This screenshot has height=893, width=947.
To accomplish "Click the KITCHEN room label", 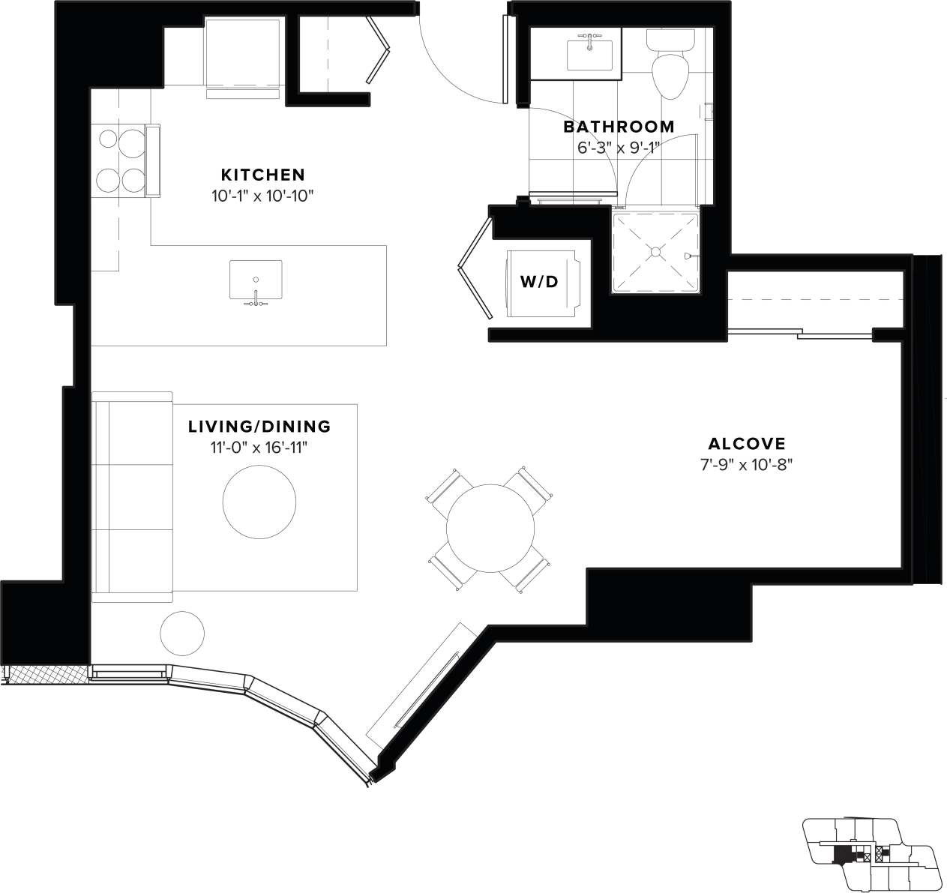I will coord(262,175).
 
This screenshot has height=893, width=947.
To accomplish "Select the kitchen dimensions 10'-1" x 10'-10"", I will coord(261,196).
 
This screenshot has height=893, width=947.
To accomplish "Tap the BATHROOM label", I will coord(619,127).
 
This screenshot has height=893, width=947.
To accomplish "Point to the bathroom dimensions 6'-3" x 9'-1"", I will coord(619,148).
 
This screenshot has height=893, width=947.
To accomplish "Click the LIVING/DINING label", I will coord(259,427).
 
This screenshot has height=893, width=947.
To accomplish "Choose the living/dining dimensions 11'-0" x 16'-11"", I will coord(259,448).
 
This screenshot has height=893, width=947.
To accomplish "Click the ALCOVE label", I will coord(746,442).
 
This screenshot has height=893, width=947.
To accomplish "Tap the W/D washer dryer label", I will coord(539,282).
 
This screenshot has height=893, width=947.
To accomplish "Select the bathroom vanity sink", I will coord(589,55).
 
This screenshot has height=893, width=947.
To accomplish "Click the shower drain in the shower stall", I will coord(656,251).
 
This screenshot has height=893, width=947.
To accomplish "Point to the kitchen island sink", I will coord(256,281).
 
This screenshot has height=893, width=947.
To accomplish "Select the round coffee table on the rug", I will coord(259,500).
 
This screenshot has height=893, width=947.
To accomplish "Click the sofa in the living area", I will coord(131,497).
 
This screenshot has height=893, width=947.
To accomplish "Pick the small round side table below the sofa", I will coord(181,634).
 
